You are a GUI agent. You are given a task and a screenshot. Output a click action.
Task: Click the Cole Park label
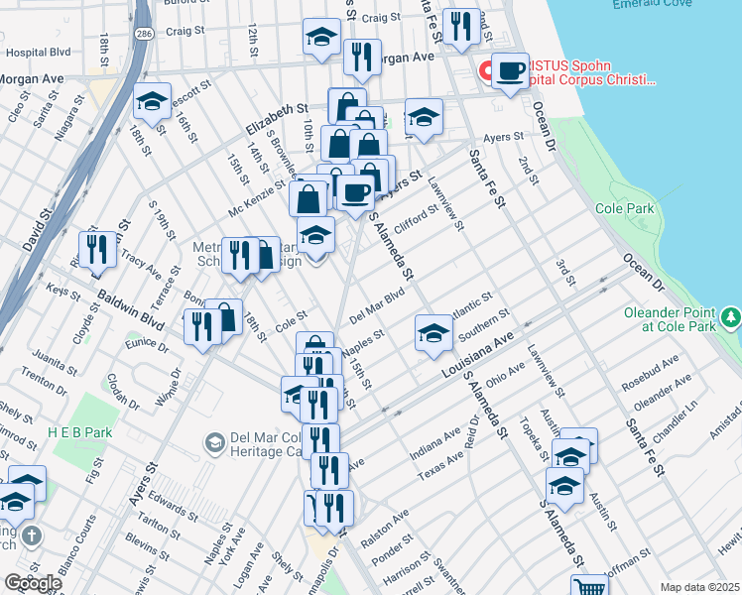[626, 209]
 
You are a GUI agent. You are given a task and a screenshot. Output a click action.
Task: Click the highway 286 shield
[144, 34]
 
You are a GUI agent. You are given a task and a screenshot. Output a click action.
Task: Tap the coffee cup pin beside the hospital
[511, 71]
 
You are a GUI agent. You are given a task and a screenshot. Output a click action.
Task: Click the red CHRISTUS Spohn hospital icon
[486, 71]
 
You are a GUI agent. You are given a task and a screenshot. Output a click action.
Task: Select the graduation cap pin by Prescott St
[152, 101]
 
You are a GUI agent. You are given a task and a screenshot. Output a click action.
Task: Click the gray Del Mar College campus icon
[214, 441]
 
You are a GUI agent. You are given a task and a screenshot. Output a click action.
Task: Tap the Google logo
[32, 583]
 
